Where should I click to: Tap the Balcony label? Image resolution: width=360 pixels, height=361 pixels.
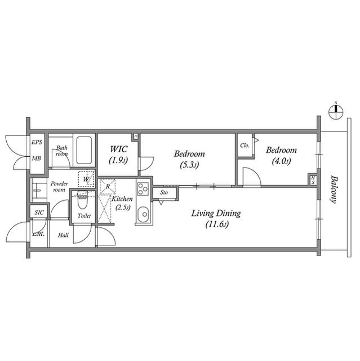coord(334,188)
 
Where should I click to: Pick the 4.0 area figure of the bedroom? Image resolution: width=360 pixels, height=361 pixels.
coord(281,161)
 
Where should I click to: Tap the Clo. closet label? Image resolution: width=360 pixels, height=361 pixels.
coord(245,146)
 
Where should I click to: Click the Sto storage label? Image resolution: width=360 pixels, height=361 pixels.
coord(164,193)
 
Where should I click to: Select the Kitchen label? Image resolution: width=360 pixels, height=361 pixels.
coord(122,199)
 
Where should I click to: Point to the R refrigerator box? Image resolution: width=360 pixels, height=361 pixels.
coord(107,186)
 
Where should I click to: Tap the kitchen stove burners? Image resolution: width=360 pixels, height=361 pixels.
coord(143,189)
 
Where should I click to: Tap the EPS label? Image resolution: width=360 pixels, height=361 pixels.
coord(37,142)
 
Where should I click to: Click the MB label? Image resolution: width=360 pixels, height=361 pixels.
coord(37,159)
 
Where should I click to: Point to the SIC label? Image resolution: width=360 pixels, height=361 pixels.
coord(39,213)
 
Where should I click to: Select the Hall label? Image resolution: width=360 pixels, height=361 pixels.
coord(63,235)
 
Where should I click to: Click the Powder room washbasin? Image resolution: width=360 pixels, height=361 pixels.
coord(37,191)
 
